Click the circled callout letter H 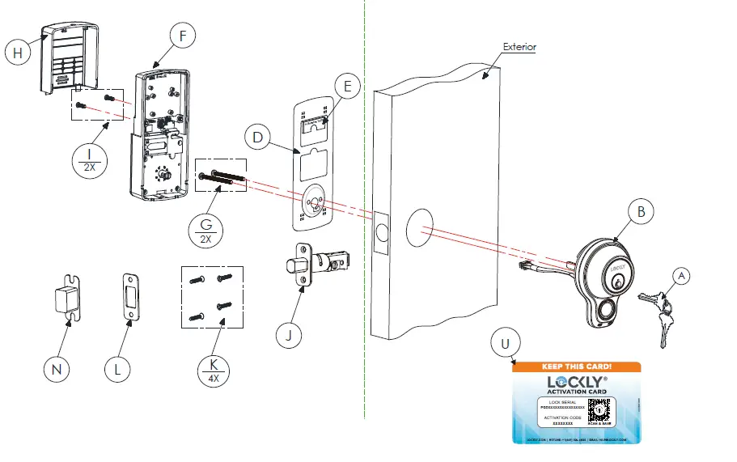tap(16, 52)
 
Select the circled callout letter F tap(184, 36)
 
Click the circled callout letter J tap(290, 333)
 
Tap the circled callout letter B tap(640, 212)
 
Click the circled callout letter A tap(682, 276)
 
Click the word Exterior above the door tap(519, 47)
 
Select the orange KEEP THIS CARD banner tap(577, 367)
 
